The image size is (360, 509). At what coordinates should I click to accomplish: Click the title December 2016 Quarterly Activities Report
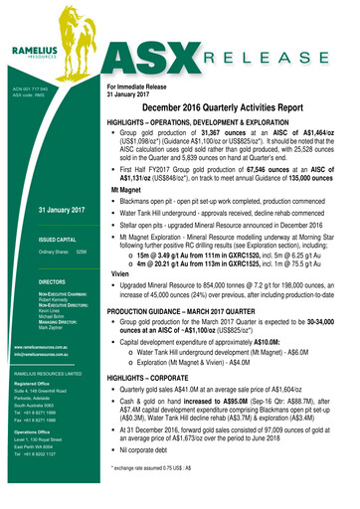228,105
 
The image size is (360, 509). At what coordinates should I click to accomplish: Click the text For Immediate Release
139,86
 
